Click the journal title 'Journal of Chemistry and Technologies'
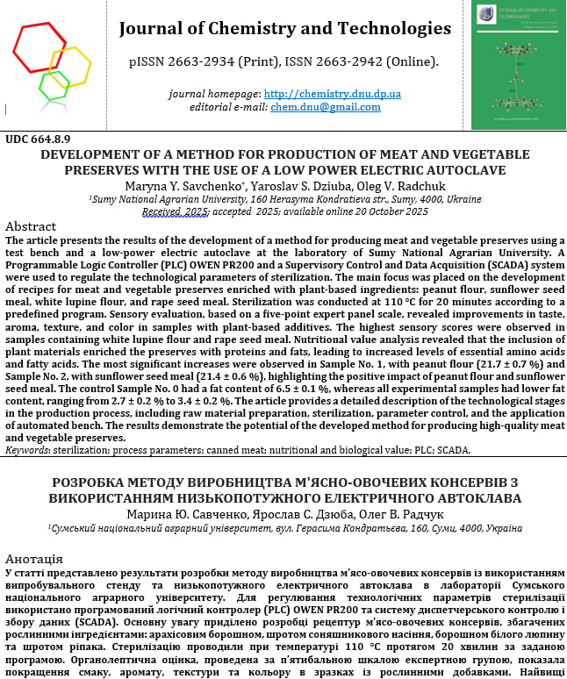pyautogui.click(x=284, y=29)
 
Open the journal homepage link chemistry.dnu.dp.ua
pyautogui.click(x=332, y=94)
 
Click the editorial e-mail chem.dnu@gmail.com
pyautogui.click(x=337, y=107)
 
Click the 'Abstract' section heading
pyautogui.click(x=31, y=226)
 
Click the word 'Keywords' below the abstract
pyautogui.click(x=27, y=450)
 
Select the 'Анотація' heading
pyautogui.click(x=33, y=559)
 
